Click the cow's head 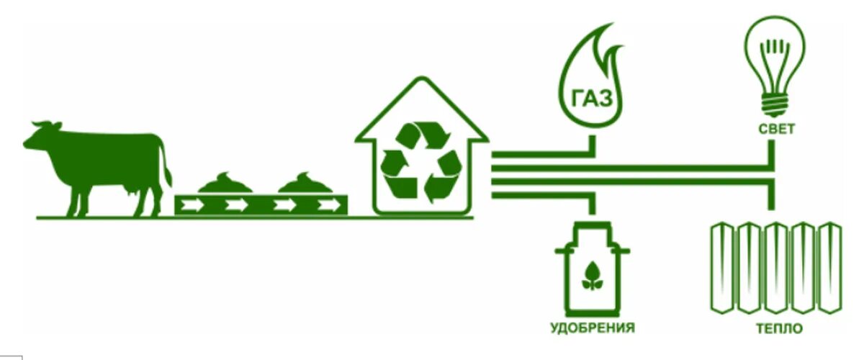click(43, 135)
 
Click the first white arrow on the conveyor click(193, 205)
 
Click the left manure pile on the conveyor click(225, 184)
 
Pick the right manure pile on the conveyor click(305, 184)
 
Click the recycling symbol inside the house click(421, 162)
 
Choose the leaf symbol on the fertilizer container click(592, 276)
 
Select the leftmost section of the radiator click(721, 269)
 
